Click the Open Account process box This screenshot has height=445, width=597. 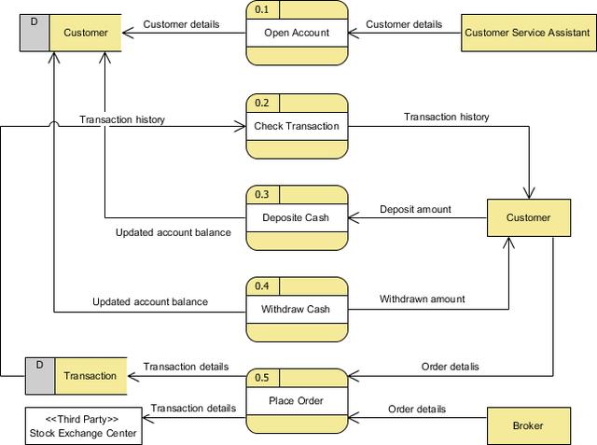click(x=297, y=33)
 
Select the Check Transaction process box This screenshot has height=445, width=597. click(x=297, y=126)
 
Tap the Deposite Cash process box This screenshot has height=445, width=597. click(x=297, y=217)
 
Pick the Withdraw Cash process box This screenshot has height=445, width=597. click(x=297, y=309)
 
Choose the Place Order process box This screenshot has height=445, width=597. click(x=297, y=401)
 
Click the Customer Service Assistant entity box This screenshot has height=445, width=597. click(x=529, y=33)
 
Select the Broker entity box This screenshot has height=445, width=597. click(x=529, y=425)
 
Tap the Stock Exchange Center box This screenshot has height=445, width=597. click(x=84, y=426)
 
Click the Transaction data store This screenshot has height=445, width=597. click(x=76, y=376)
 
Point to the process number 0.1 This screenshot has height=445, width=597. click(x=262, y=10)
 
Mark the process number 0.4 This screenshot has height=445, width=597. click(x=262, y=285)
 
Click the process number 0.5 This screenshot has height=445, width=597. click(x=262, y=378)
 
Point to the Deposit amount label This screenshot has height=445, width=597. click(x=415, y=209)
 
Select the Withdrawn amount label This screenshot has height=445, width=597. click(x=423, y=299)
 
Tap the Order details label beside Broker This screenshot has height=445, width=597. click(x=417, y=410)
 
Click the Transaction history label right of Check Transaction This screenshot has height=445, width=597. click(x=447, y=117)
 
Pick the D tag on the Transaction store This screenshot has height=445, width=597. click(x=39, y=366)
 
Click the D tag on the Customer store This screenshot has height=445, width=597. click(x=35, y=22)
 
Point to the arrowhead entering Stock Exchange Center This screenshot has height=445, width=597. click(x=148, y=418)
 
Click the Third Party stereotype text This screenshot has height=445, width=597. click(x=82, y=419)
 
